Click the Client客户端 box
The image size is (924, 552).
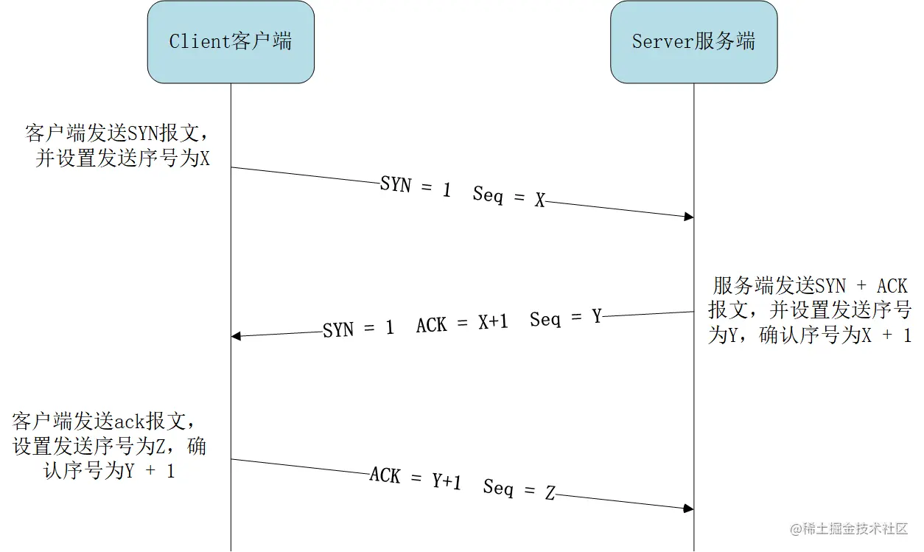(231, 42)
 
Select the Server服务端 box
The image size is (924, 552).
(693, 42)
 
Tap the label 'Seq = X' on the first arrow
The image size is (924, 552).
(509, 197)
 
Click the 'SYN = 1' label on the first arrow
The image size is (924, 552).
(415, 186)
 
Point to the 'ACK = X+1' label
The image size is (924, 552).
(462, 324)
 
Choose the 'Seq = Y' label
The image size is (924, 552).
(565, 318)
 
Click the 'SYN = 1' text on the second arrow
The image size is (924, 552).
(358, 329)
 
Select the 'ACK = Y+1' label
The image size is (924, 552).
(415, 479)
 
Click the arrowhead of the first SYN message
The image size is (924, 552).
(689, 217)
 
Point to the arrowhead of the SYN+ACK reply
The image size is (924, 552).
(236, 336)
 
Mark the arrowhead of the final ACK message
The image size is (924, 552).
(689, 509)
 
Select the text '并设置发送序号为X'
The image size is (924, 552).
(122, 158)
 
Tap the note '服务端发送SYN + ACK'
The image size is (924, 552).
(810, 286)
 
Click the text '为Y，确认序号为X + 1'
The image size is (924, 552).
(810, 335)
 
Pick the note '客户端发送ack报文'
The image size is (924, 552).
(105, 422)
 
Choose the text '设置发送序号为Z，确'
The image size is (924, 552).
(109, 447)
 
